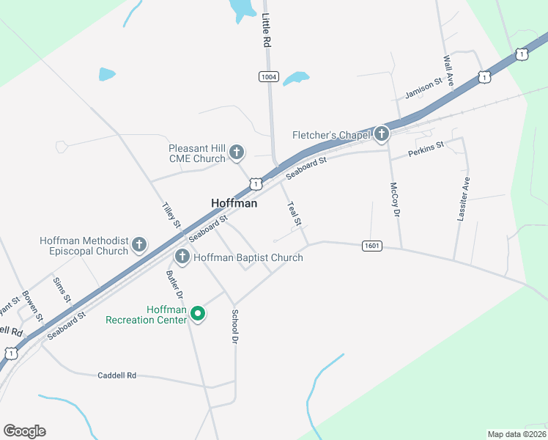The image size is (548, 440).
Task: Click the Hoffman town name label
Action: pyautogui.click(x=234, y=204)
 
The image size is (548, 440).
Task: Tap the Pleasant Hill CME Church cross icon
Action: pyautogui.click(x=237, y=153)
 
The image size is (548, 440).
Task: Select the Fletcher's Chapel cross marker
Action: pyautogui.click(x=381, y=134)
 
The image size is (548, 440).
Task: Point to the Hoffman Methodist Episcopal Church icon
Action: pyautogui.click(x=140, y=246)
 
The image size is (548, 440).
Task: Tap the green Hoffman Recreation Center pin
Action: pyautogui.click(x=197, y=314)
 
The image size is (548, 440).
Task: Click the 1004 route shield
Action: pyautogui.click(x=269, y=76)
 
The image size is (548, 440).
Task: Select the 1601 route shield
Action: pyautogui.click(x=371, y=246)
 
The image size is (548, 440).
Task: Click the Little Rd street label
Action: pyautogui.click(x=267, y=31)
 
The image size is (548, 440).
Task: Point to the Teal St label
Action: pyautogui.click(x=295, y=213)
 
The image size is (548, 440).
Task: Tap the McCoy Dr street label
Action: pyautogui.click(x=396, y=199)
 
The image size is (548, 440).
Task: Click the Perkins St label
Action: pyautogui.click(x=427, y=148)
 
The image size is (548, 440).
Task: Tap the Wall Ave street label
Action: pyautogui.click(x=448, y=70)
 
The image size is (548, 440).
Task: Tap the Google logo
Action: pyautogui.click(x=25, y=430)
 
